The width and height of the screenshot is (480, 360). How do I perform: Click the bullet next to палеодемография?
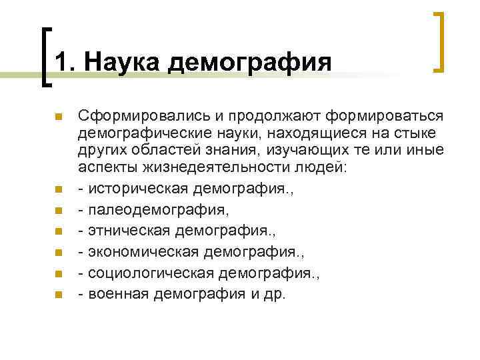point(59,211)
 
